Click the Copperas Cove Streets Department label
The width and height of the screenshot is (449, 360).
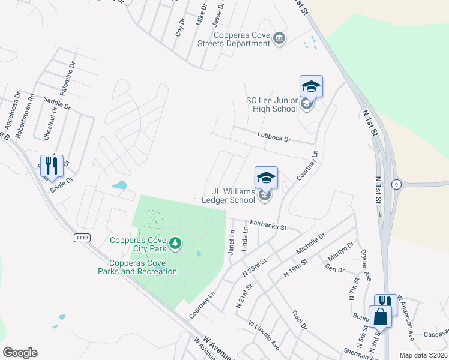click(x=234, y=40)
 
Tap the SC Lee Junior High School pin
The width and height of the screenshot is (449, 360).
click(x=311, y=88)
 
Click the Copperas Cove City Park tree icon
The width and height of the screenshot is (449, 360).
click(x=175, y=243)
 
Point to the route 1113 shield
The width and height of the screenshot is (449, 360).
click(x=82, y=238)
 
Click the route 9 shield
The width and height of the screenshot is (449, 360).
click(x=397, y=184)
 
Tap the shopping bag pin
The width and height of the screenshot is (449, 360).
click(x=380, y=316)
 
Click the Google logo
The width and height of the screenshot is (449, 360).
click(x=20, y=353)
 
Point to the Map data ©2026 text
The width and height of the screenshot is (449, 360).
click(x=423, y=355)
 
